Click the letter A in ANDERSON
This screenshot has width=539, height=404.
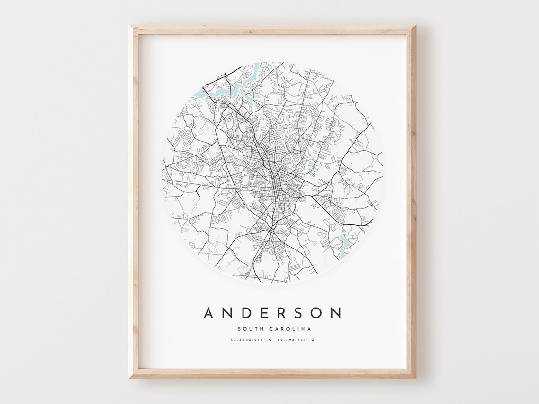(209, 313)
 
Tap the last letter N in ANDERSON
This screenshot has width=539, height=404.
(336, 313)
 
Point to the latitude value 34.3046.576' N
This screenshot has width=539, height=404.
(250, 340)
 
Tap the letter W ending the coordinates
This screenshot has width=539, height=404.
(313, 340)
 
